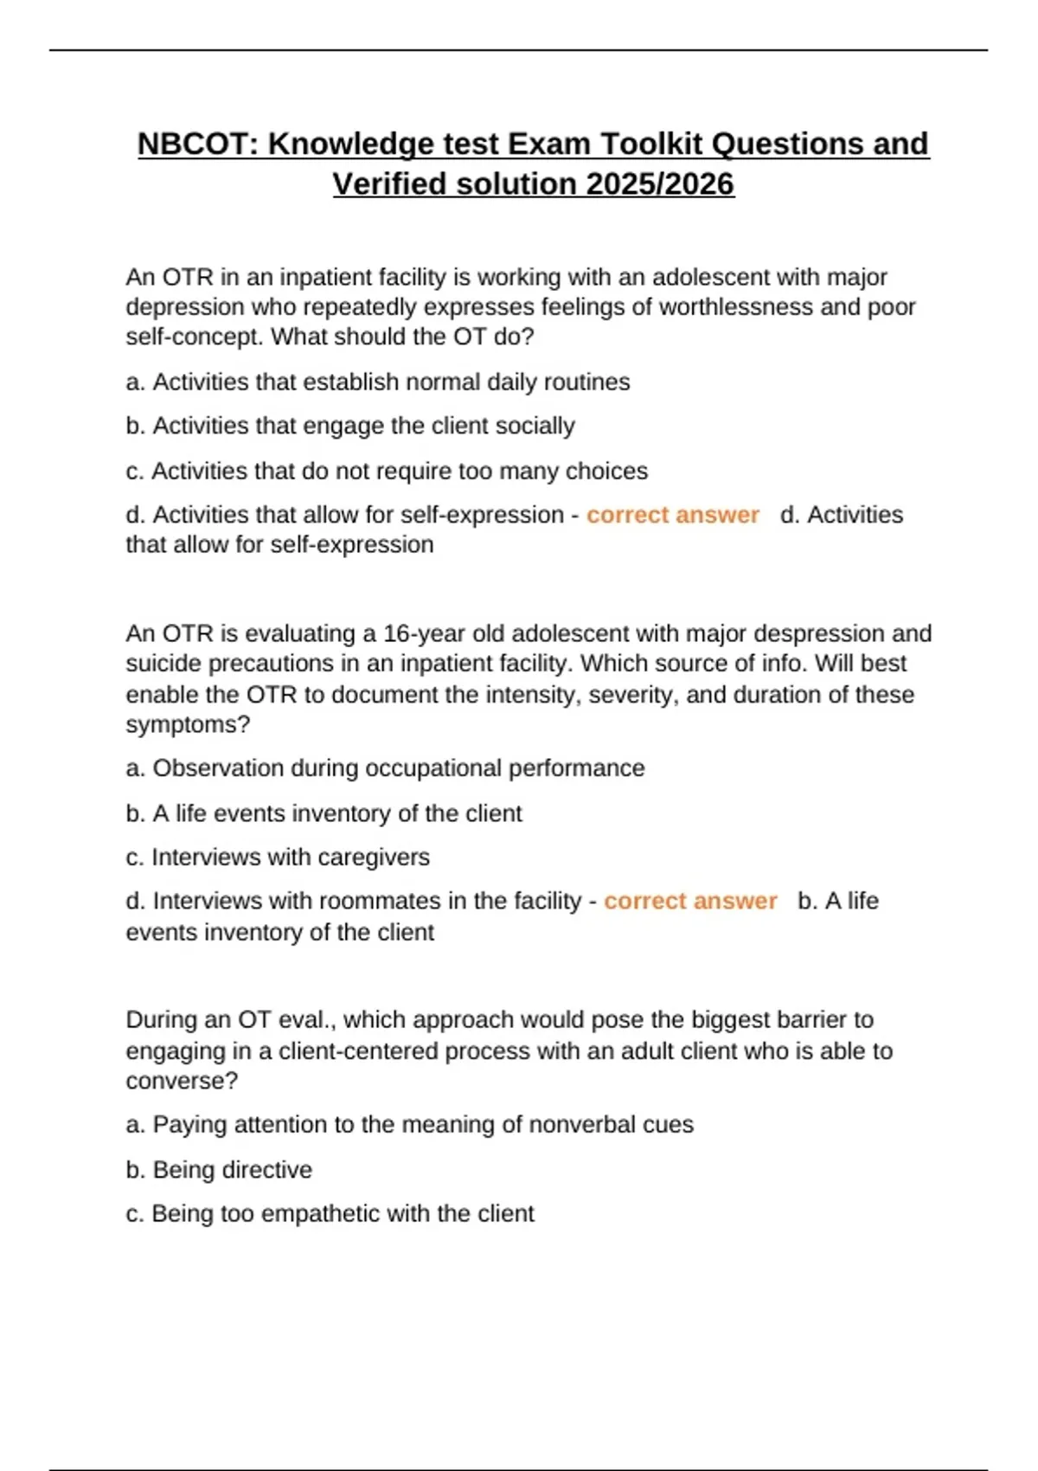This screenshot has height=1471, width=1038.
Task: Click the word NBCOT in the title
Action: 197,144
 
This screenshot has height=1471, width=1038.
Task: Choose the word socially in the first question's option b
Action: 535,426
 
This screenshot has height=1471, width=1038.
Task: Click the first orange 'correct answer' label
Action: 672,515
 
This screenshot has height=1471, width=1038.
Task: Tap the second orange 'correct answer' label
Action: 690,901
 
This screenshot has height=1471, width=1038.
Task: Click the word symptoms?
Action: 188,724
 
